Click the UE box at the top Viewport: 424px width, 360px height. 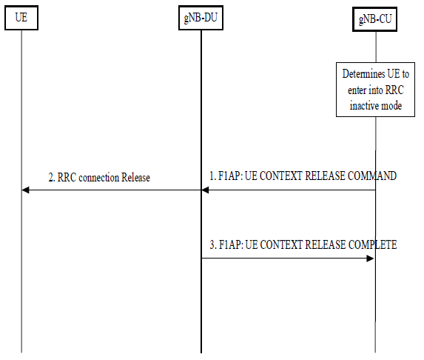pos(21,18)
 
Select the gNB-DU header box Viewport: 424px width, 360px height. pos(201,18)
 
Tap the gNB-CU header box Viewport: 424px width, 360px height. pos(374,19)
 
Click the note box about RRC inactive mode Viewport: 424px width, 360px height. pos(375,90)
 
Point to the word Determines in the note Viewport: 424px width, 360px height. pos(363,74)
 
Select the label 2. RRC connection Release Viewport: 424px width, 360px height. pos(99,178)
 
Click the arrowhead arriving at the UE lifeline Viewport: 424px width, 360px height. pos(25,190)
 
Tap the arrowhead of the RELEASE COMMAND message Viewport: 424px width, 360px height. pos(205,190)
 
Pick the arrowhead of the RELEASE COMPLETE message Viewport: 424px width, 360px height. pos(370,259)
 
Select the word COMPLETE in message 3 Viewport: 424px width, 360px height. pos(373,244)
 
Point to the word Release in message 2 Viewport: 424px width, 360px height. pos(135,178)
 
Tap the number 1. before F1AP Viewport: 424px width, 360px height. pos(213,176)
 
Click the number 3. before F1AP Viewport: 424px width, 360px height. pos(213,244)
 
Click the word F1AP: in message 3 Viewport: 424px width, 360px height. pos(231,244)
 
